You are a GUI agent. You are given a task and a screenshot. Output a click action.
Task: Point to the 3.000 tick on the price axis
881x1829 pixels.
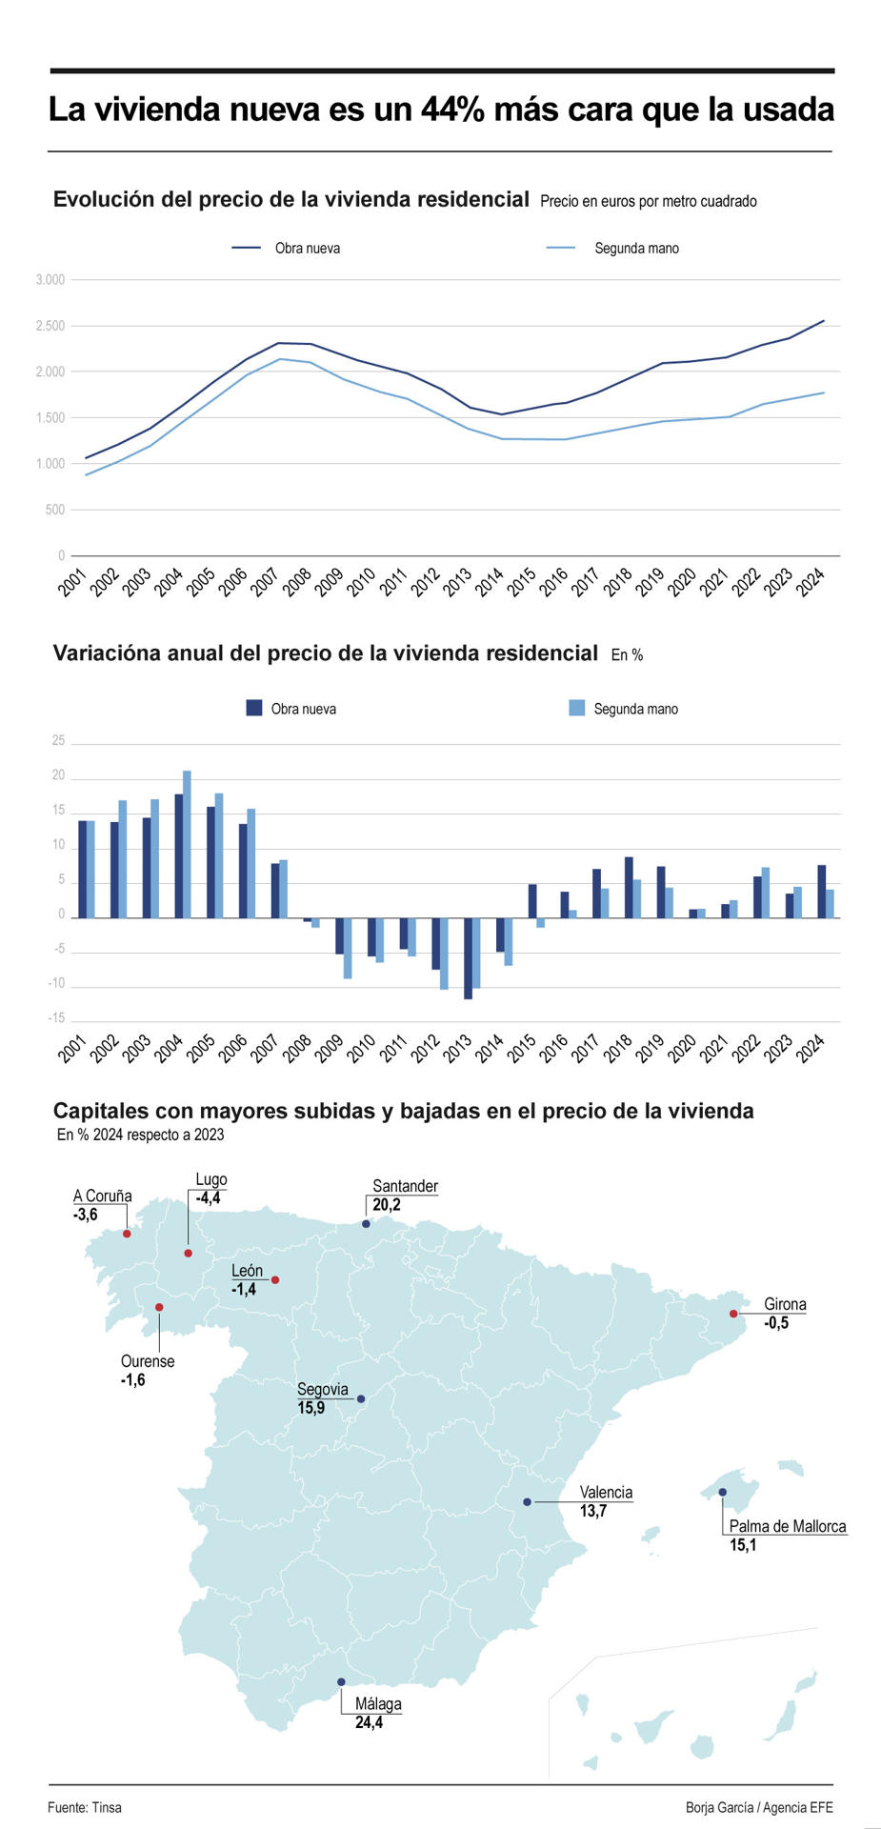click(50, 280)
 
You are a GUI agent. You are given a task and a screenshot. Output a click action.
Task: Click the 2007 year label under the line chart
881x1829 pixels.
click(265, 581)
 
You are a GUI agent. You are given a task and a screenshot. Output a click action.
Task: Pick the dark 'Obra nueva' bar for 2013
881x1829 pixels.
click(468, 957)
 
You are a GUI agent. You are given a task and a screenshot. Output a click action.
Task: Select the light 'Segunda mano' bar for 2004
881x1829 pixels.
click(187, 844)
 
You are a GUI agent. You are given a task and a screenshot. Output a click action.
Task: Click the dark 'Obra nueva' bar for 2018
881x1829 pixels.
click(629, 887)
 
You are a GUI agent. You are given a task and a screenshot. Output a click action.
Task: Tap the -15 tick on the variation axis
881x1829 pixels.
click(58, 1018)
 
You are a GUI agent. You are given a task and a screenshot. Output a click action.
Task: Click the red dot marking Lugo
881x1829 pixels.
click(189, 1253)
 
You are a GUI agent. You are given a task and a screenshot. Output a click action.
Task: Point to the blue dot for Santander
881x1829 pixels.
click(366, 1224)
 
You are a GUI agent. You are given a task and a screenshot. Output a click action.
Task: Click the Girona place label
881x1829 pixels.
click(785, 1304)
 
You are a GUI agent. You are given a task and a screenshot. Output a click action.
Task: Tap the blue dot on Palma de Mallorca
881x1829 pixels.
click(722, 1492)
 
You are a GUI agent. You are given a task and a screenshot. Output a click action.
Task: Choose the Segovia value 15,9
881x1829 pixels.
click(310, 1408)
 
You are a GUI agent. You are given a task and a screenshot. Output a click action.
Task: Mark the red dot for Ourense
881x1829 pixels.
click(159, 1307)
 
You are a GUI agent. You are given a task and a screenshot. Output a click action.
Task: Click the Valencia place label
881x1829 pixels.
click(606, 1493)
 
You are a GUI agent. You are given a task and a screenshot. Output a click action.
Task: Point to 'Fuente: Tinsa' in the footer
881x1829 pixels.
click(85, 1807)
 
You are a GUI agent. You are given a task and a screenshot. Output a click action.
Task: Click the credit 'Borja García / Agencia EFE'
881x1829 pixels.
click(759, 1807)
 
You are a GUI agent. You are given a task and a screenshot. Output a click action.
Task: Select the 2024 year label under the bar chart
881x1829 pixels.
click(811, 1050)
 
